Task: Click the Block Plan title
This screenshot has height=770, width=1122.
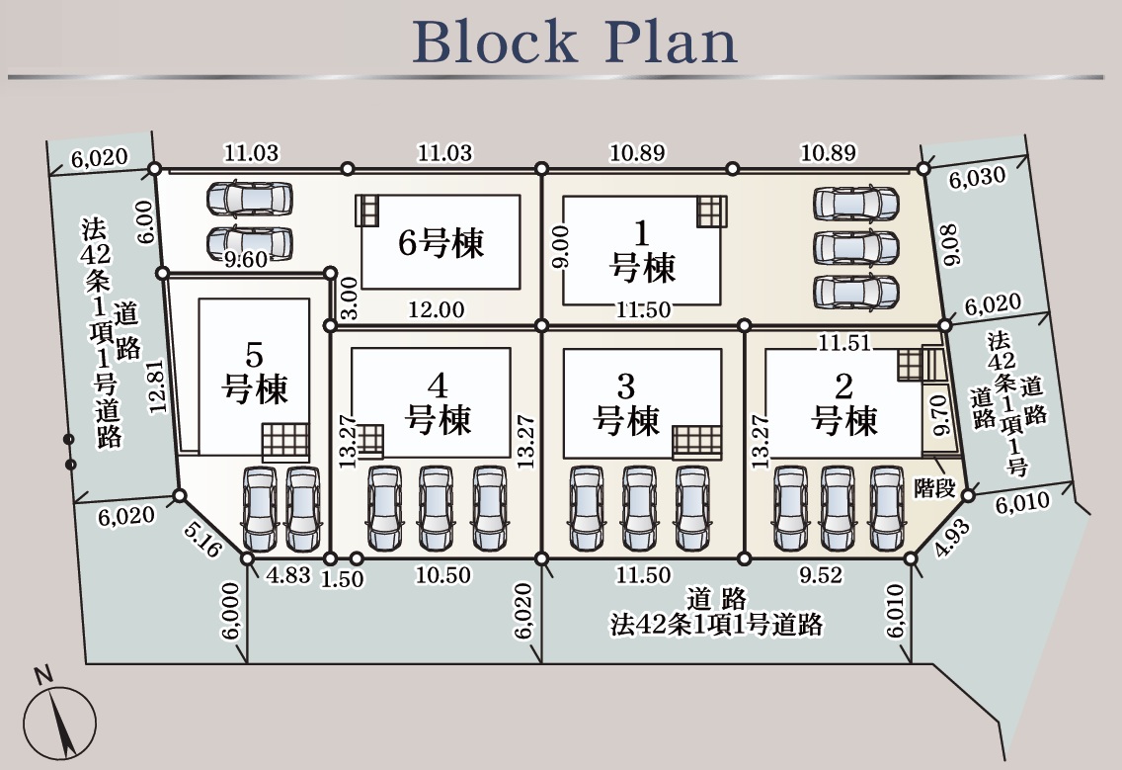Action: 574,41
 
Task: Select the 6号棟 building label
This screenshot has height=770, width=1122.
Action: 441,242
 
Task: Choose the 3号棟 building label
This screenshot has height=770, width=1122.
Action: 626,404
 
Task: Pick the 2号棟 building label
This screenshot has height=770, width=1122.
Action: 844,404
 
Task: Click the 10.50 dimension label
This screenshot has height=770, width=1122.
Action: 443,575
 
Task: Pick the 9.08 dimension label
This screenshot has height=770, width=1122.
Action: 952,244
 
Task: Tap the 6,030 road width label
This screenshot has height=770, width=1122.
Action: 977,178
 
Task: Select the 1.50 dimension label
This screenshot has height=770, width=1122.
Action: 343,579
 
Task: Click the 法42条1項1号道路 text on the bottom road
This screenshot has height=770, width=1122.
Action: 717,626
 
